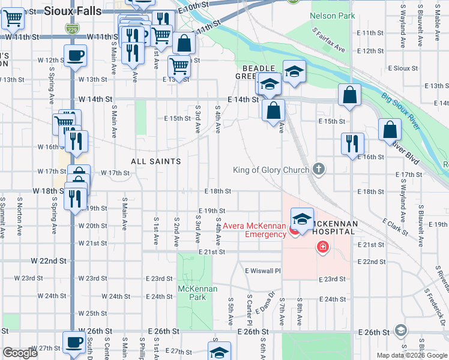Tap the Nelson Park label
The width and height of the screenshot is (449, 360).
point(333,16)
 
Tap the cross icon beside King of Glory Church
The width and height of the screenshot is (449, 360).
point(319,170)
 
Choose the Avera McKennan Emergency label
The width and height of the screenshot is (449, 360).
point(255,230)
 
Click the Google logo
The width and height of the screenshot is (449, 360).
point(20,353)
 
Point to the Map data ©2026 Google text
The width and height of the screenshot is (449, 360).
point(412,355)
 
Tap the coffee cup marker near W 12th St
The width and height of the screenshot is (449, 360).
point(75,57)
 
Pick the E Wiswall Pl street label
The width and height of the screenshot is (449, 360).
point(262,271)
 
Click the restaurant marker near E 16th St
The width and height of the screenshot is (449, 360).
point(352,143)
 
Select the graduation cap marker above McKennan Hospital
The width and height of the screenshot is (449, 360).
point(302,218)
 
